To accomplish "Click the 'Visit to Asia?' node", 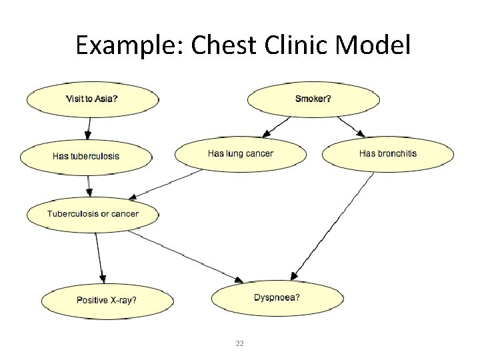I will tap(93, 99).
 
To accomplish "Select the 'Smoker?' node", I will tap(313, 99).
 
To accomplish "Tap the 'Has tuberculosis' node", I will tap(86, 156).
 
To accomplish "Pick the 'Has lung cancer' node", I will tap(241, 154).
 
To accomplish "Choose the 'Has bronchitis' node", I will tap(387, 154).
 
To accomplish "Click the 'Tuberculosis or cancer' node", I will tap(93, 214).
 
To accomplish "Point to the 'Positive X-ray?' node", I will tap(107, 300).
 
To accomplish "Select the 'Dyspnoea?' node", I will tap(277, 297).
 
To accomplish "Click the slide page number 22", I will tap(240, 343).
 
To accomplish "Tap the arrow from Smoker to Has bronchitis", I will tap(350, 127).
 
